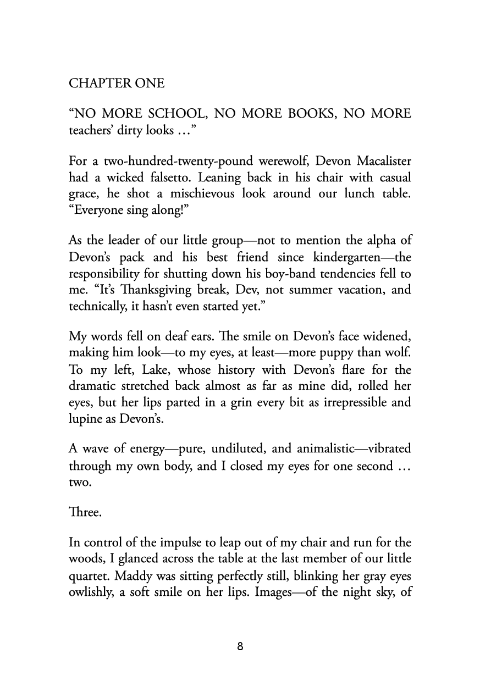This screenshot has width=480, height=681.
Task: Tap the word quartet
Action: [87, 575]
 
